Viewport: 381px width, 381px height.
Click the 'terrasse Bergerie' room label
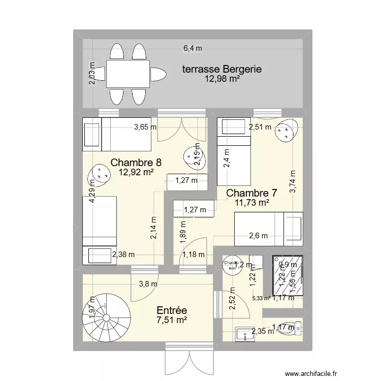click(222, 69)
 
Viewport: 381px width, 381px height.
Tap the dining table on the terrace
click(128, 74)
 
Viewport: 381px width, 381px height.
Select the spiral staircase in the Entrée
click(107, 317)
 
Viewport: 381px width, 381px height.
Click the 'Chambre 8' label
click(136, 163)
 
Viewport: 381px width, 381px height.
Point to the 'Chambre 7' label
click(251, 193)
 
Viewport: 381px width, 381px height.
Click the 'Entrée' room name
click(172, 310)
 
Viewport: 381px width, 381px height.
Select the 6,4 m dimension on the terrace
click(193, 48)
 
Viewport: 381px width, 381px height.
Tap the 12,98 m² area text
click(222, 79)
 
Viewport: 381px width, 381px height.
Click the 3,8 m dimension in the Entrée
click(148, 284)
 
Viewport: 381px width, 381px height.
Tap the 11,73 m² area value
click(251, 203)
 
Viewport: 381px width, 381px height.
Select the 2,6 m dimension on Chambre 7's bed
click(258, 235)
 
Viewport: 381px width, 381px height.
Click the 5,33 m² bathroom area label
click(261, 299)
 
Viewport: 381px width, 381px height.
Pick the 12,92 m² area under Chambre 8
click(136, 172)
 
